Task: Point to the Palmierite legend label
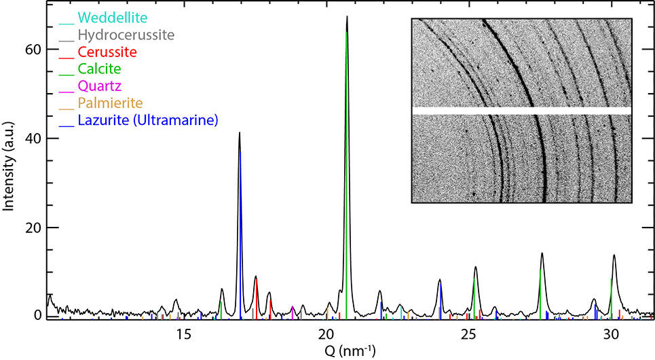(x=109, y=104)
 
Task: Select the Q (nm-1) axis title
(x=347, y=350)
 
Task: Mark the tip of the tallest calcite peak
(x=347, y=16)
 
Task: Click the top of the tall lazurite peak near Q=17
(x=240, y=133)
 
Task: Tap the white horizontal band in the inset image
(x=521, y=110)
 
